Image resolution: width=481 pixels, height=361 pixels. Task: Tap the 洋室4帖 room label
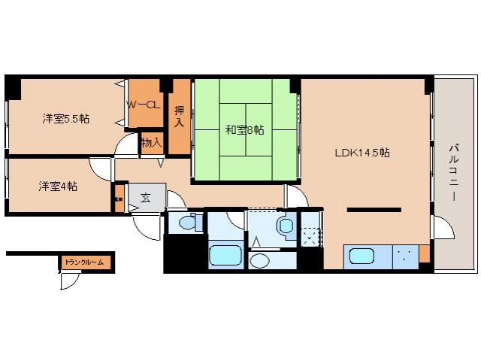point(57,186)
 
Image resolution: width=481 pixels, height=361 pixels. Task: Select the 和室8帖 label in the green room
point(244,129)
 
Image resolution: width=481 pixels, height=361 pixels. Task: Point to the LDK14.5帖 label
point(362,152)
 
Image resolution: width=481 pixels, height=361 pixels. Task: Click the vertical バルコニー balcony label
point(455,171)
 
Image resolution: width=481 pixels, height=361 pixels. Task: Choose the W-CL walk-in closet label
point(142,105)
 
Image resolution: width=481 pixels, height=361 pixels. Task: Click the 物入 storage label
point(151,141)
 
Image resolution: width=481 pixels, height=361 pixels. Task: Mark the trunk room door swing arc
point(70,281)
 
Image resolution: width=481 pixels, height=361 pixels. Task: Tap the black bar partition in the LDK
point(370,210)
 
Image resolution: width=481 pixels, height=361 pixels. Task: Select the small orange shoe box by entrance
point(118,201)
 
